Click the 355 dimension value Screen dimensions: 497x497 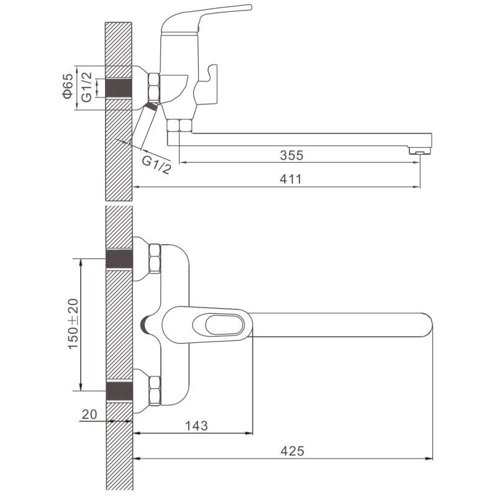pyautogui.click(x=291, y=155)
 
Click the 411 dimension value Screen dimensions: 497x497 pyautogui.click(x=291, y=179)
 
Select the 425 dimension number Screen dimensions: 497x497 pyautogui.click(x=292, y=451)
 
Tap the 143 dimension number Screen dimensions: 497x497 pyautogui.click(x=196, y=426)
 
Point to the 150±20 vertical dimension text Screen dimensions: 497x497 pyautogui.click(x=73, y=323)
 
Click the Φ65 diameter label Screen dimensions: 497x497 pyautogui.click(x=68, y=86)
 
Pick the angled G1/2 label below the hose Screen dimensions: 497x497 pyautogui.click(x=157, y=165)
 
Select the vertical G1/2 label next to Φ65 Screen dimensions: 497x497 pyautogui.click(x=86, y=87)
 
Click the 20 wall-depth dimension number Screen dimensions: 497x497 pyautogui.click(x=89, y=414)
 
